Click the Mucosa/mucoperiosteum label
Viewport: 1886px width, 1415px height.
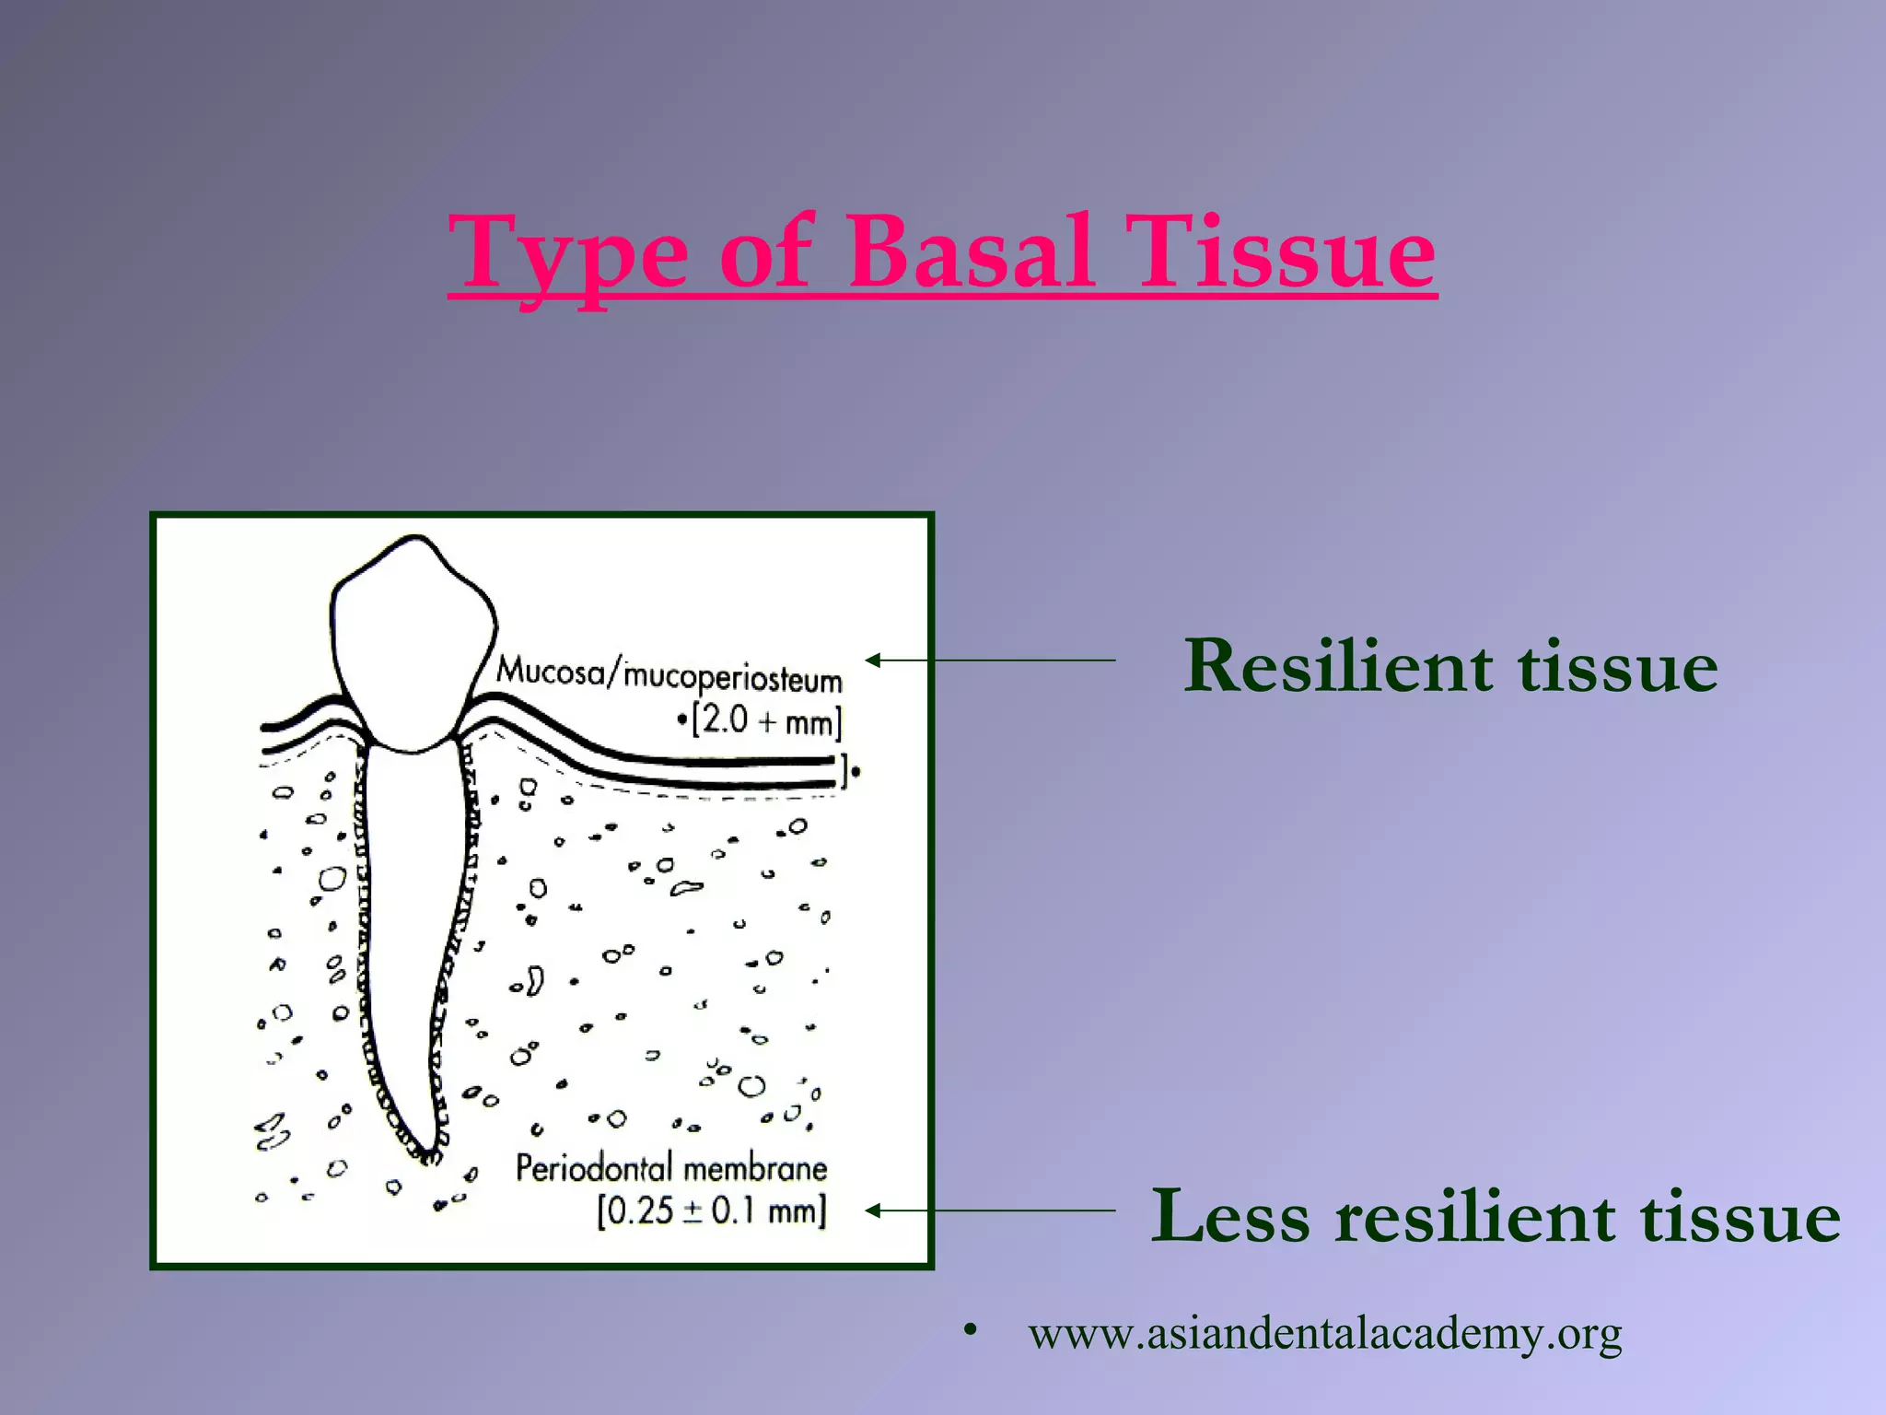669,674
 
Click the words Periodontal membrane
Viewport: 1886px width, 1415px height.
670,1168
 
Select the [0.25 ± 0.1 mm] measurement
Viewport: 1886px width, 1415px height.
711,1210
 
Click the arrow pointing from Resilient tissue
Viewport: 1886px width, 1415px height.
990,660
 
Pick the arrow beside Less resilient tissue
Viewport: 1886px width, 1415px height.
990,1210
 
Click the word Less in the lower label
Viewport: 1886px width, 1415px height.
1230,1216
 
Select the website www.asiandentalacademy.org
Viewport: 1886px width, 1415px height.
1324,1333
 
